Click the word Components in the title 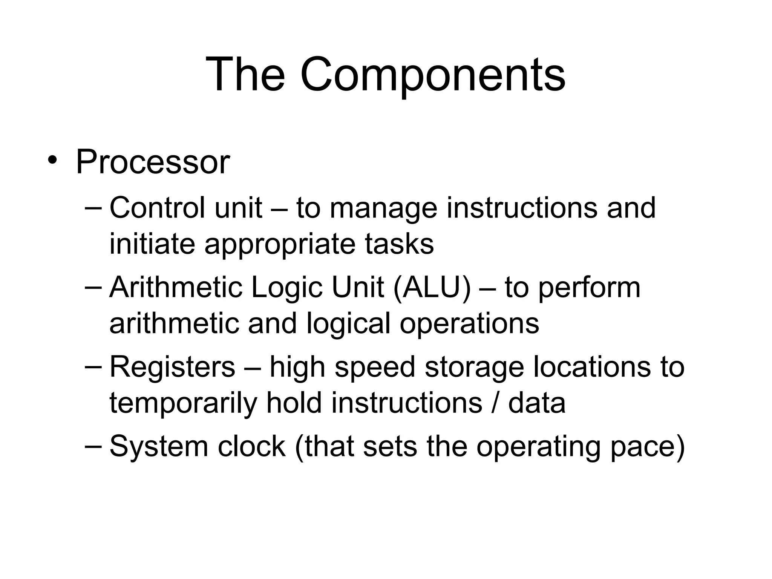(x=432, y=75)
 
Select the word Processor (x=153, y=162)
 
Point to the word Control (x=157, y=208)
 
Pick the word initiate (x=152, y=244)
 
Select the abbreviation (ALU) (x=432, y=288)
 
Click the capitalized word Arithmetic (x=176, y=287)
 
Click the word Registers (x=172, y=367)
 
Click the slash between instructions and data (x=496, y=403)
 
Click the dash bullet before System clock (x=93, y=445)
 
